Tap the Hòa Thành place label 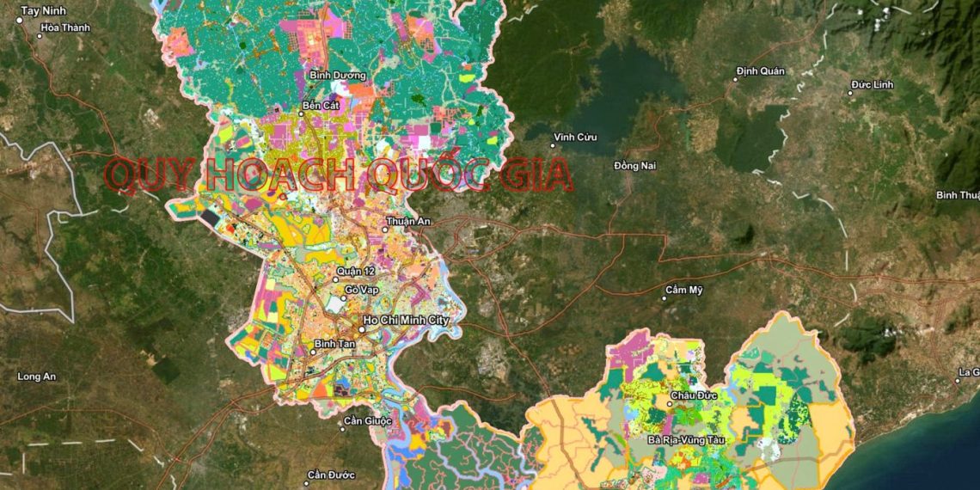[x=65, y=28]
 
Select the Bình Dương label [x=338, y=76]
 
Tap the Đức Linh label [x=873, y=85]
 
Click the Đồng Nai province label [x=635, y=165]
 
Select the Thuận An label [x=408, y=222]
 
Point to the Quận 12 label [x=356, y=272]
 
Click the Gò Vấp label [x=362, y=290]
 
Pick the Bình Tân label [x=334, y=344]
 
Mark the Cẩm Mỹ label [x=684, y=290]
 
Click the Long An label [x=36, y=377]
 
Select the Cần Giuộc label [x=367, y=421]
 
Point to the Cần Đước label [x=331, y=475]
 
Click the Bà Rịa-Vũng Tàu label [x=688, y=440]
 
